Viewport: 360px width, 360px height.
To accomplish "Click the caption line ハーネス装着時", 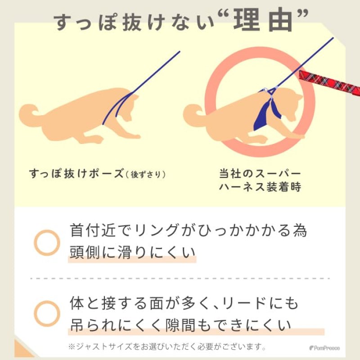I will coord(260,187).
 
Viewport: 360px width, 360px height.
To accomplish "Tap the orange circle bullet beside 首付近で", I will coord(47,242).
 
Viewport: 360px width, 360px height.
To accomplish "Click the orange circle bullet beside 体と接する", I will coord(47,313).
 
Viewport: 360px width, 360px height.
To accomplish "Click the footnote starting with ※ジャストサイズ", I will coord(166,347).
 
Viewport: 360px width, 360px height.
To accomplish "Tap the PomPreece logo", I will coord(324,347).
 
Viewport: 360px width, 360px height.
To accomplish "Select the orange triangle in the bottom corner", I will coord(20,350).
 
